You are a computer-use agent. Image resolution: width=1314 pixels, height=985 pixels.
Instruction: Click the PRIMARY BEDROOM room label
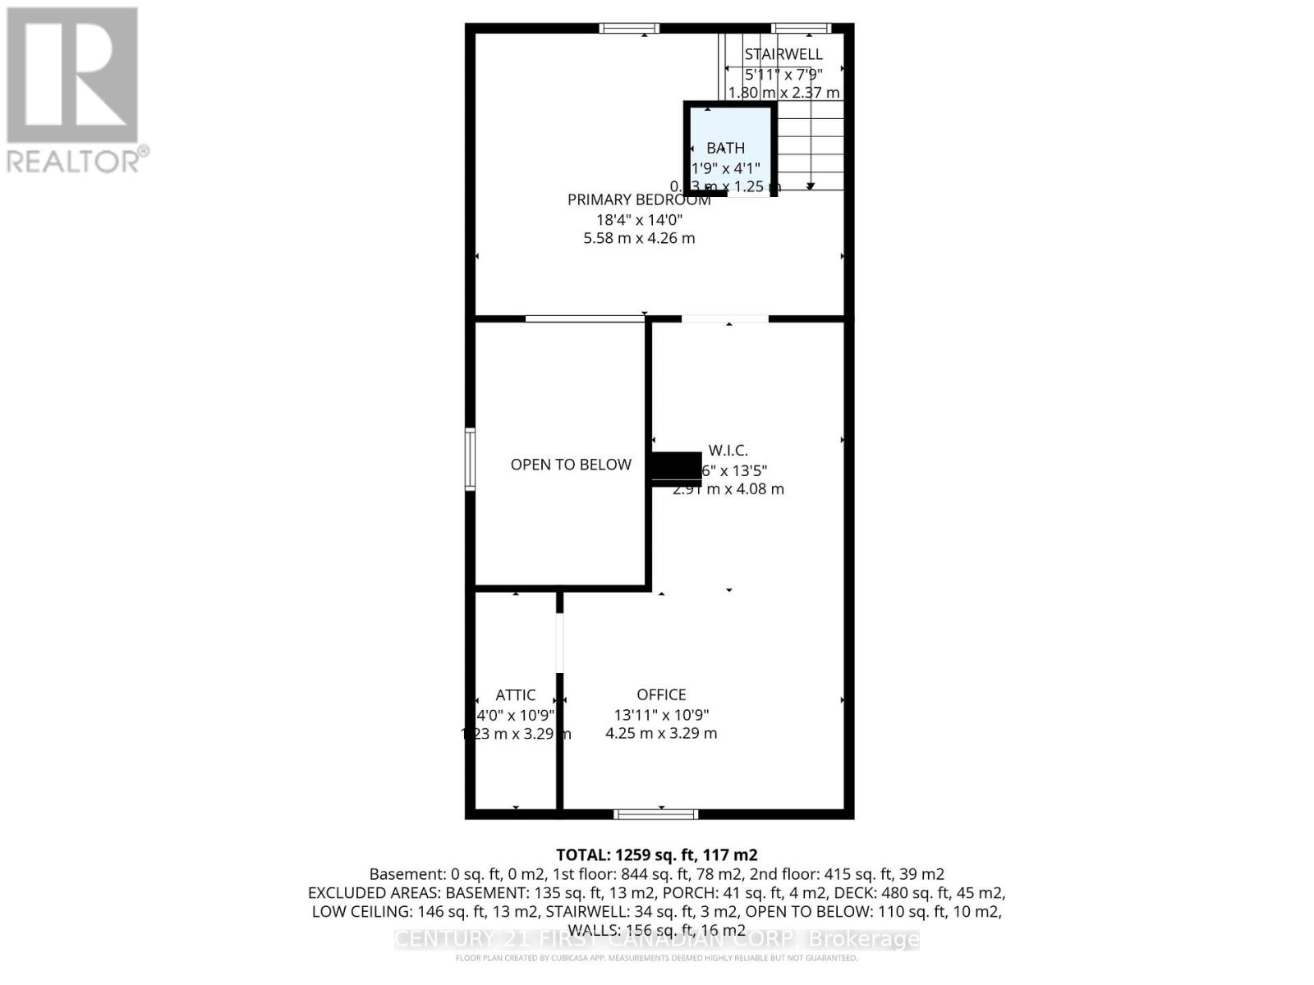coord(639,199)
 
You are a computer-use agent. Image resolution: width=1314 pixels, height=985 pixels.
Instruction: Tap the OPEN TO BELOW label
coord(571,465)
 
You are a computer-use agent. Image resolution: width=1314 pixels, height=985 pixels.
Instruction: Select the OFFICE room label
coord(661,694)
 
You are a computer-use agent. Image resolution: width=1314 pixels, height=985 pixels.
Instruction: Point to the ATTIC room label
coord(516,695)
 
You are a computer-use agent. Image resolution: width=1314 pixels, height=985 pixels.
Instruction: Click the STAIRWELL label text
coord(783,54)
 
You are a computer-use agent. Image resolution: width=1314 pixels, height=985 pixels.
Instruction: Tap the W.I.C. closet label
coord(728,451)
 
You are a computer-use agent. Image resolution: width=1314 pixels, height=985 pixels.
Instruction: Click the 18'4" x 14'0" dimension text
coord(639,220)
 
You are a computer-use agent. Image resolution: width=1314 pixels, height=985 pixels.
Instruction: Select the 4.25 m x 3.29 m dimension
coord(661,733)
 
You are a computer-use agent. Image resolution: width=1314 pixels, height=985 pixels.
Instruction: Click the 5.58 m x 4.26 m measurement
coord(639,239)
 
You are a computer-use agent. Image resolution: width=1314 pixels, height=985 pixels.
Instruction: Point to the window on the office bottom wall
coord(656,814)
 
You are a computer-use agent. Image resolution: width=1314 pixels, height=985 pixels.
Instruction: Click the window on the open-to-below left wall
coord(471,459)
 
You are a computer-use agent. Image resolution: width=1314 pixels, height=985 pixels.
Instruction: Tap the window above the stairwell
coord(802,29)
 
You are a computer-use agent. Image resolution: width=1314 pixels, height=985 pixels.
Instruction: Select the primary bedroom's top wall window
coord(630,29)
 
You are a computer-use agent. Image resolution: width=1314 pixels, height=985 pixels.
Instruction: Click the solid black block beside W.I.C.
coord(676,469)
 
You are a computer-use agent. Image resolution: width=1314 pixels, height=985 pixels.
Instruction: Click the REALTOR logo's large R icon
coord(72,76)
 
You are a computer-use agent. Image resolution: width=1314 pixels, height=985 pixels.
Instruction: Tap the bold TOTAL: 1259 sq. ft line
coord(656,854)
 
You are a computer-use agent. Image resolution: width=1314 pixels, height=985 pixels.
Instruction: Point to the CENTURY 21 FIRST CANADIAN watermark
coord(656,939)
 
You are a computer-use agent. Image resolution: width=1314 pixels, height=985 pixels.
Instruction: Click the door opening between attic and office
coord(560,644)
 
